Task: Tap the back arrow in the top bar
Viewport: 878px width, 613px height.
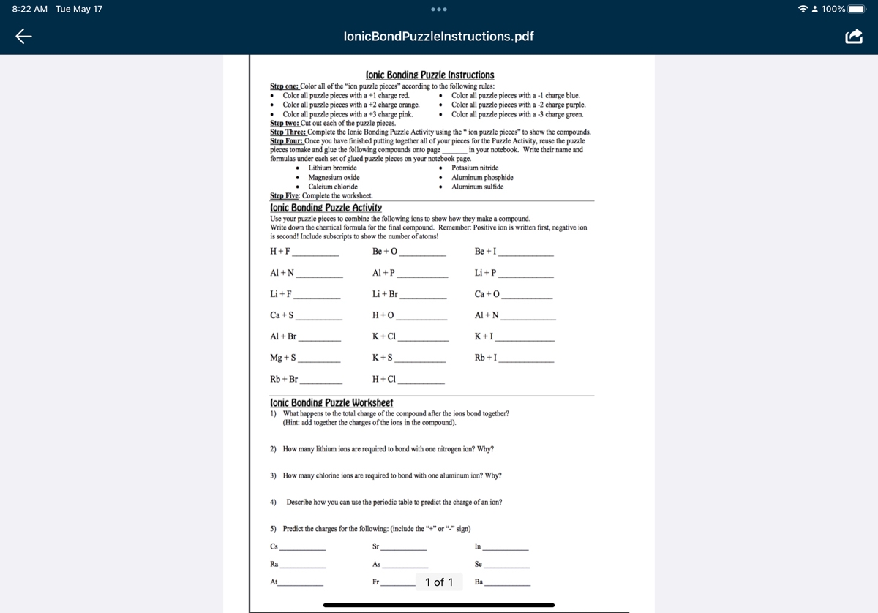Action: pyautogui.click(x=24, y=36)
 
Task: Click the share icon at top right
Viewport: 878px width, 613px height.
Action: pyautogui.click(x=854, y=36)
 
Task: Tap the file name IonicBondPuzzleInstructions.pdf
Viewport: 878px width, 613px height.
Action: pyautogui.click(x=438, y=36)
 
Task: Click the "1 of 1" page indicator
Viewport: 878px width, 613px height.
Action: pyautogui.click(x=439, y=582)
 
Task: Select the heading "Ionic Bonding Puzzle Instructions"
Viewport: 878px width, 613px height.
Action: pyautogui.click(x=429, y=75)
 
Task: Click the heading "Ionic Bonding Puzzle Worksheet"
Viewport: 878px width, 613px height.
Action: pyautogui.click(x=331, y=403)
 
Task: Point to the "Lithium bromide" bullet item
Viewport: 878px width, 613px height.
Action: pyautogui.click(x=332, y=168)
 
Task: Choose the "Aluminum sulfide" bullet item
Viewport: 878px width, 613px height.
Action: pyautogui.click(x=477, y=187)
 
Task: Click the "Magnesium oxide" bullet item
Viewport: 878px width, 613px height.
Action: pyautogui.click(x=334, y=178)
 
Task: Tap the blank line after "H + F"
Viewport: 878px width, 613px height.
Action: pyautogui.click(x=315, y=254)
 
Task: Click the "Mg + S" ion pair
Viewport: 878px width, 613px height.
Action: pyautogui.click(x=283, y=358)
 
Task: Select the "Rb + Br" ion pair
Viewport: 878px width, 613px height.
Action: pyautogui.click(x=284, y=380)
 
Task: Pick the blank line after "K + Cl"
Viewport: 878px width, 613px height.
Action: pyautogui.click(x=423, y=339)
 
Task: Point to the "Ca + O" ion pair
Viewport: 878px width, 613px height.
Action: pyautogui.click(x=487, y=294)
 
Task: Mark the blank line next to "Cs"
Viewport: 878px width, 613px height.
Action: pyautogui.click(x=303, y=549)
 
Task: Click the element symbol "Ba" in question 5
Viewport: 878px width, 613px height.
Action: pyautogui.click(x=479, y=582)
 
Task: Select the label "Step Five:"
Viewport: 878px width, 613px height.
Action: pyautogui.click(x=285, y=196)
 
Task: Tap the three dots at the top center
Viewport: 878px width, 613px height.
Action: pyautogui.click(x=439, y=10)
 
